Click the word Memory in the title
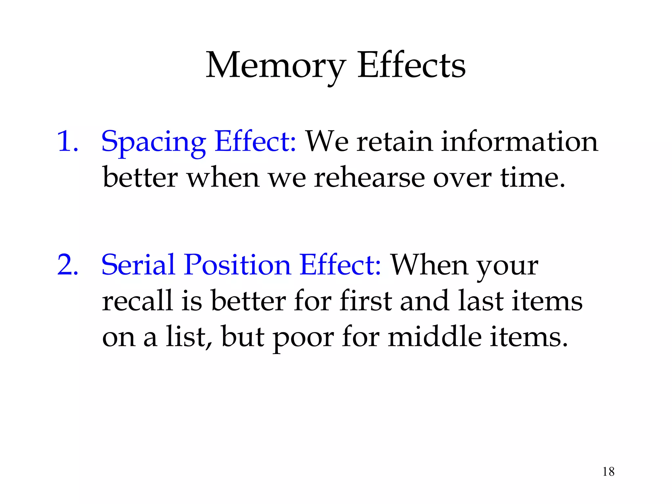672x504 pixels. click(275, 66)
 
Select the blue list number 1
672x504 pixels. click(68, 141)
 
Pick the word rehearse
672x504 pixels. click(369, 178)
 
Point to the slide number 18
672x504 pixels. click(608, 472)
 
